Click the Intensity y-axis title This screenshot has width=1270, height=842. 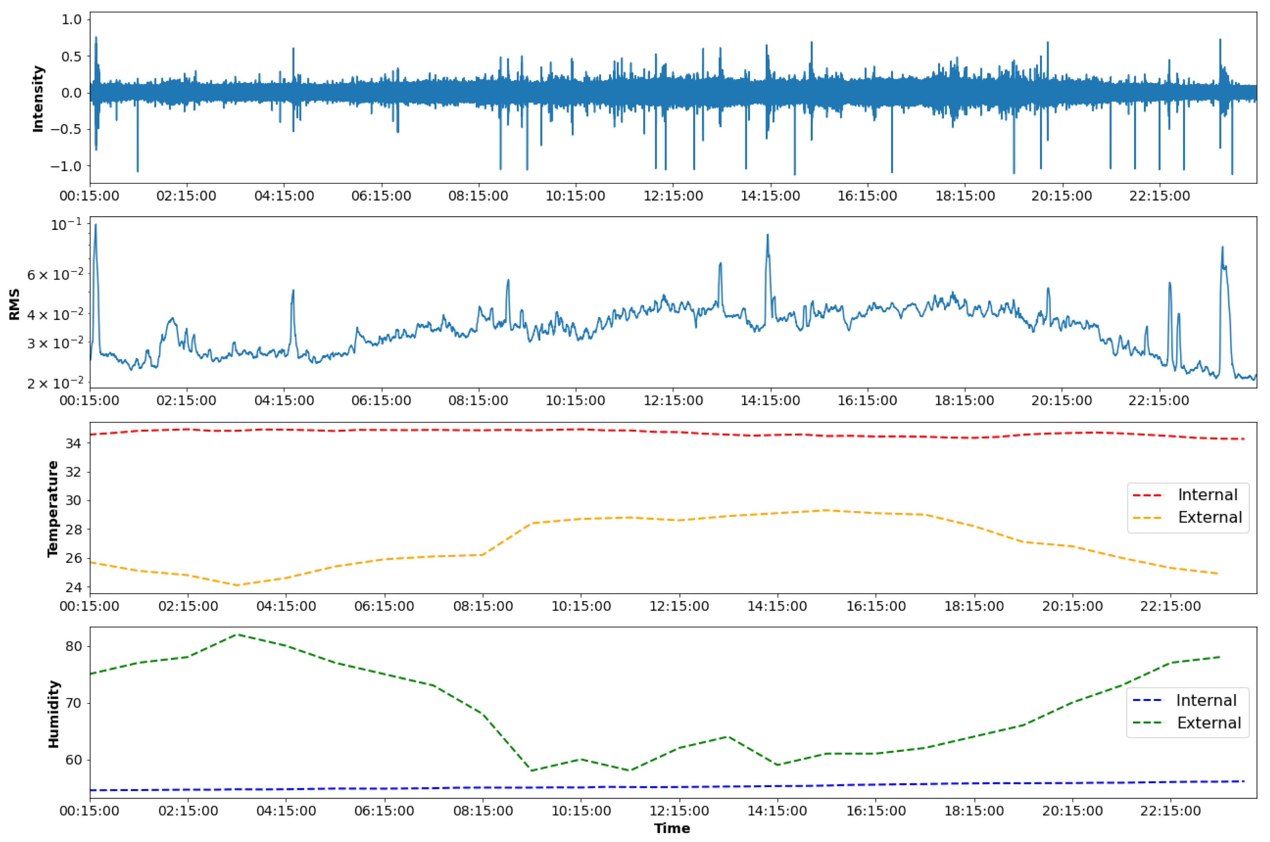point(38,99)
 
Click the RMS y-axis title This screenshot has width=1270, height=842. point(14,304)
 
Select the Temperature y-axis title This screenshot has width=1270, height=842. point(52,509)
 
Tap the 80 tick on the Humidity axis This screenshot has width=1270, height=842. point(74,647)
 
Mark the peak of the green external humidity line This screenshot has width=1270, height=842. point(237,635)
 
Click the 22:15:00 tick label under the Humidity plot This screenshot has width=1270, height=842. point(1170,810)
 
